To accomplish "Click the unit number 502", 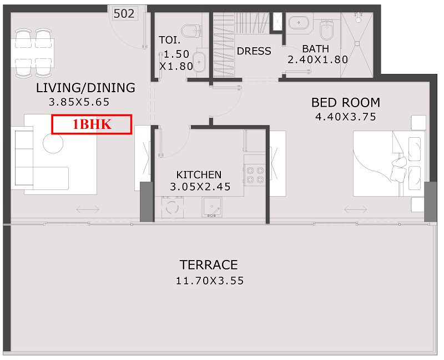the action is tap(124, 13).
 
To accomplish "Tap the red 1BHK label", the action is tap(92, 124).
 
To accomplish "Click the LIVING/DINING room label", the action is tap(85, 88).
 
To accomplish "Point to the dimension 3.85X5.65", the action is tap(79, 102).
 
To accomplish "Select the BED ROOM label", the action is tap(346, 102).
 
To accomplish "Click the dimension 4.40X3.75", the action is tap(346, 117).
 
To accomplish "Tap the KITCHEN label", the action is tap(199, 174).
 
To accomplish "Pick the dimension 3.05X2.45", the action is tap(200, 187).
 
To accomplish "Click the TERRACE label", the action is tap(209, 265).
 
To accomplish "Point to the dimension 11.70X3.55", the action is tap(210, 281).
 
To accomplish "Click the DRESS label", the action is tap(254, 51).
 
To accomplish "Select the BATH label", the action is tap(315, 49).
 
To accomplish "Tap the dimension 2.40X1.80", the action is tap(317, 59).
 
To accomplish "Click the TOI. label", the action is tap(169, 40).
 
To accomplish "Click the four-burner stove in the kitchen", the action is tap(255, 175).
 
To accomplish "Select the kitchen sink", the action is tap(212, 207).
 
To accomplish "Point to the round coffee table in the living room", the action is tap(53, 143).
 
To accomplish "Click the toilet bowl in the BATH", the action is tap(327, 30).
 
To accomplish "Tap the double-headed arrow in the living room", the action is tap(88, 210).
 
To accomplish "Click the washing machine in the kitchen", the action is tap(173, 207).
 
